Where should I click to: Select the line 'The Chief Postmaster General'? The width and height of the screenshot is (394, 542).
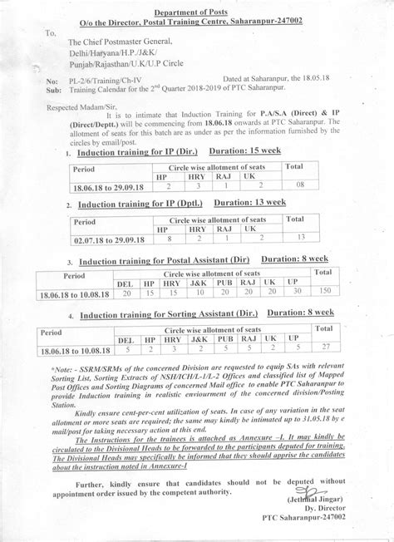pyautogui.click(x=121, y=41)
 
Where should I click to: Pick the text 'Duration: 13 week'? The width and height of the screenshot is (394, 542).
pyautogui.click(x=250, y=202)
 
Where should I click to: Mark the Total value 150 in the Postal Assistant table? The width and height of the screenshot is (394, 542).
pyautogui.click(x=325, y=293)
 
